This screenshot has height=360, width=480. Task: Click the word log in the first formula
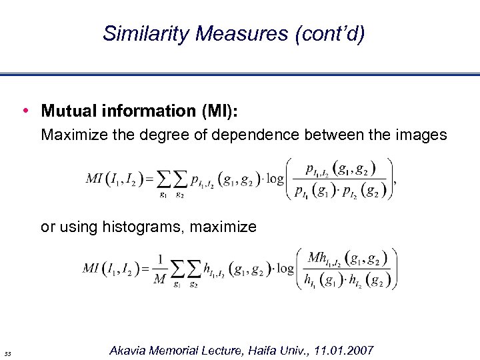pos(273,178)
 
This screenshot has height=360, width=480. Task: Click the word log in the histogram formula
pos(286,269)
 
